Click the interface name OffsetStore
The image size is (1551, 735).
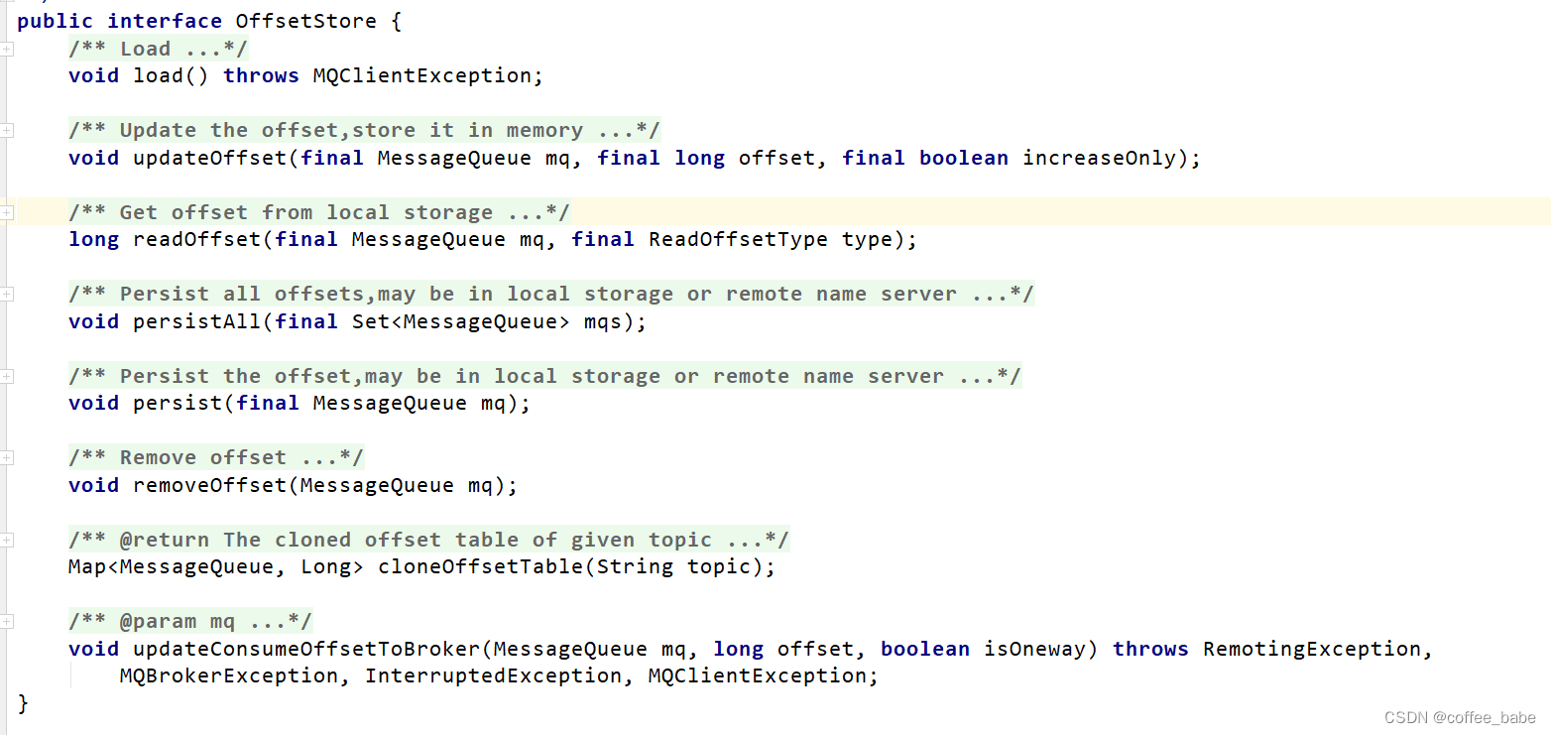(x=306, y=21)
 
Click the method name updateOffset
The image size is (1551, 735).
(x=209, y=158)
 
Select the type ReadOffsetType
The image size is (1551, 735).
(x=738, y=239)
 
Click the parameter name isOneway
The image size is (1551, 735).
(x=1034, y=649)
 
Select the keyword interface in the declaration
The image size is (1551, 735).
(x=165, y=21)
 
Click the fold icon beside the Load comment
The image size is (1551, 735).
(x=7, y=49)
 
